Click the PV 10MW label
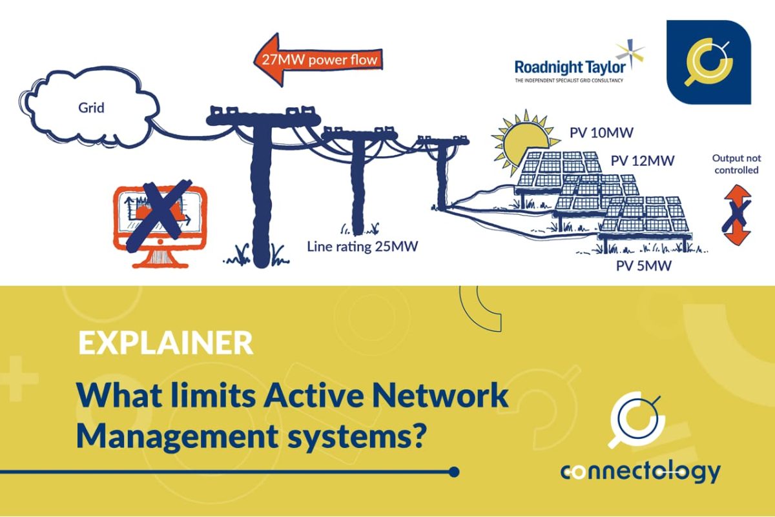click(x=601, y=134)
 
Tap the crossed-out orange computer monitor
click(x=159, y=216)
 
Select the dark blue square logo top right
click(x=708, y=62)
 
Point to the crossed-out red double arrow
click(x=737, y=214)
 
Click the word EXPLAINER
click(x=165, y=343)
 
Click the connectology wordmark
click(x=639, y=472)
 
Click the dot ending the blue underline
click(x=453, y=472)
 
